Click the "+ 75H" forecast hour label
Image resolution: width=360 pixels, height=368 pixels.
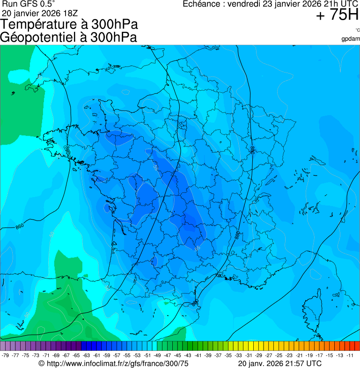click(x=337, y=15)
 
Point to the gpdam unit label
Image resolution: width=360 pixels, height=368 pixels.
click(x=350, y=38)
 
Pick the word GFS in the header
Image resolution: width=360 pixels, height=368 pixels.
click(x=28, y=4)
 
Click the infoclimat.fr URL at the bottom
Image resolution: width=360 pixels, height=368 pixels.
click(x=117, y=363)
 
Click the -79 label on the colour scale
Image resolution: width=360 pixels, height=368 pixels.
click(x=6, y=355)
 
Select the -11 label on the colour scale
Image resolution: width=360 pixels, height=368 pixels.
click(x=350, y=355)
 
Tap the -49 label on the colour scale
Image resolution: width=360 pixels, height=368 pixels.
click(x=157, y=355)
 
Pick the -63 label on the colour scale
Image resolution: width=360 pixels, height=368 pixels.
click(x=87, y=355)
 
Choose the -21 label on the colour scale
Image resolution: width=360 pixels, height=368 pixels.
click(x=299, y=355)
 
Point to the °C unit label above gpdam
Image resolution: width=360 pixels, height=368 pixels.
click(x=357, y=30)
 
